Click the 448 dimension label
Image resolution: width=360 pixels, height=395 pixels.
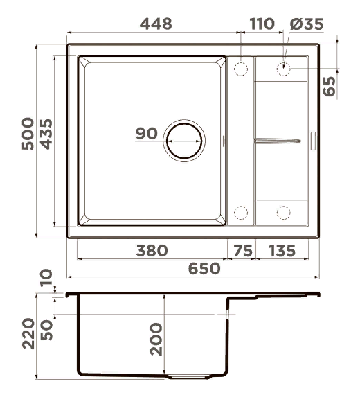click(156, 23)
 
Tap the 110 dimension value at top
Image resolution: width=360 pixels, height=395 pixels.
click(262, 23)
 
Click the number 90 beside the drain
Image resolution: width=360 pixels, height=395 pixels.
click(147, 134)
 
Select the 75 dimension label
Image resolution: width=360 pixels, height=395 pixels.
click(242, 250)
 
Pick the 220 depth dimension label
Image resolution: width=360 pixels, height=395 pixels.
click(27, 336)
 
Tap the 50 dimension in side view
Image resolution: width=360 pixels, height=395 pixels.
click(46, 327)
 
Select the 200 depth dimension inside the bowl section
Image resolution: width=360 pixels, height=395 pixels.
click(156, 338)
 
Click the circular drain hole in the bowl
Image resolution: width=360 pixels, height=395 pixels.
click(183, 139)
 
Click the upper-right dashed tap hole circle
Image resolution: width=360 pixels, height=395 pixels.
click(284, 69)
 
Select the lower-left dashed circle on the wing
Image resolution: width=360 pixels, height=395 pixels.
click(241, 213)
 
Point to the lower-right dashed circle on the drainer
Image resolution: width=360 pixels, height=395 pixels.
click(284, 213)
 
